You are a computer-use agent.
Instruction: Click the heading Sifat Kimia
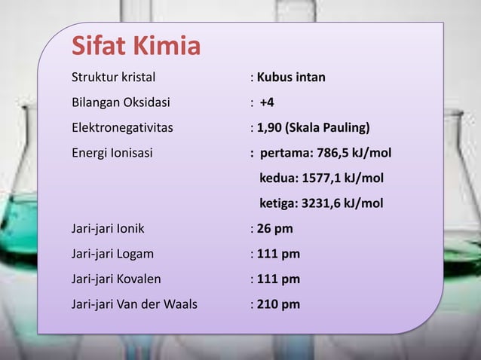point(136,47)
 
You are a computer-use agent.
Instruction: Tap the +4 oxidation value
point(267,102)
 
